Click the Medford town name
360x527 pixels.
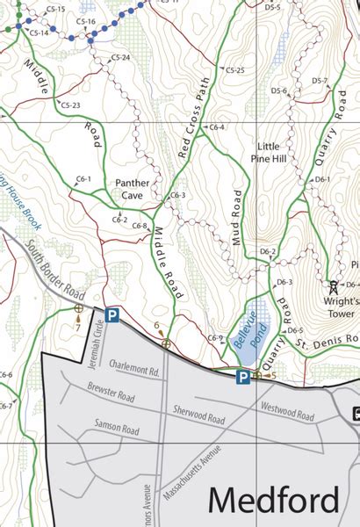pyautogui.click(x=273, y=500)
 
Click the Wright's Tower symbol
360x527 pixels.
pyautogui.click(x=333, y=285)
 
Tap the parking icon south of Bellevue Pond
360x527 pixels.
pyautogui.click(x=241, y=377)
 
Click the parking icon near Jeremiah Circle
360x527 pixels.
pyautogui.click(x=112, y=314)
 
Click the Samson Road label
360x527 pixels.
pyautogui.click(x=117, y=430)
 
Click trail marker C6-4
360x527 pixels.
pyautogui.click(x=216, y=127)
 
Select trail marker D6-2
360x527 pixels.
pyautogui.click(x=268, y=252)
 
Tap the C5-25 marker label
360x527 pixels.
pyautogui.click(x=234, y=69)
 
